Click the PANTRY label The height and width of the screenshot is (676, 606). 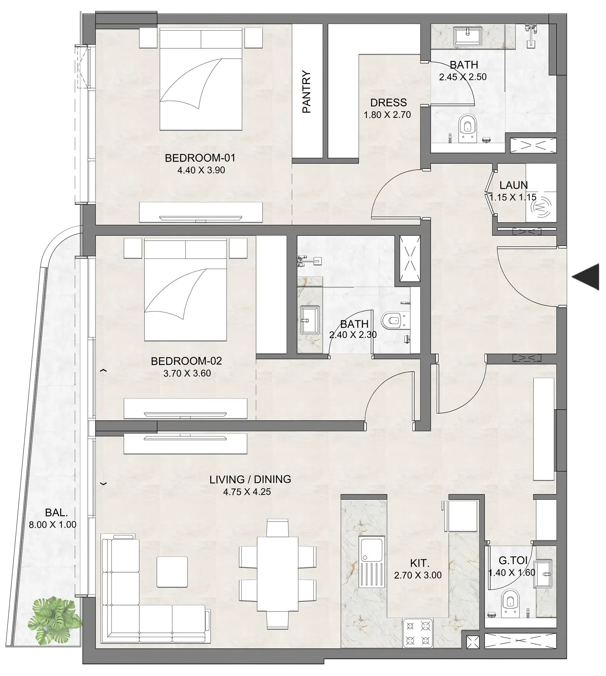click(306, 92)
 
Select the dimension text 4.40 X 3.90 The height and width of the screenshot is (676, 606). click(201, 170)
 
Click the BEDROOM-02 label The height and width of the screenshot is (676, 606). click(186, 361)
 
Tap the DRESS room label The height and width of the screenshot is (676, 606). click(388, 102)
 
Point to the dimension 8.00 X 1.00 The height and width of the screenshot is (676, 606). click(52, 525)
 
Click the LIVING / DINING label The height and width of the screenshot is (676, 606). click(250, 479)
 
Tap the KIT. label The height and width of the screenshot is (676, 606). click(420, 563)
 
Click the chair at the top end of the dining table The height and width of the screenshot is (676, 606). click(277, 527)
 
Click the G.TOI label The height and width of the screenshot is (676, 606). click(513, 560)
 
